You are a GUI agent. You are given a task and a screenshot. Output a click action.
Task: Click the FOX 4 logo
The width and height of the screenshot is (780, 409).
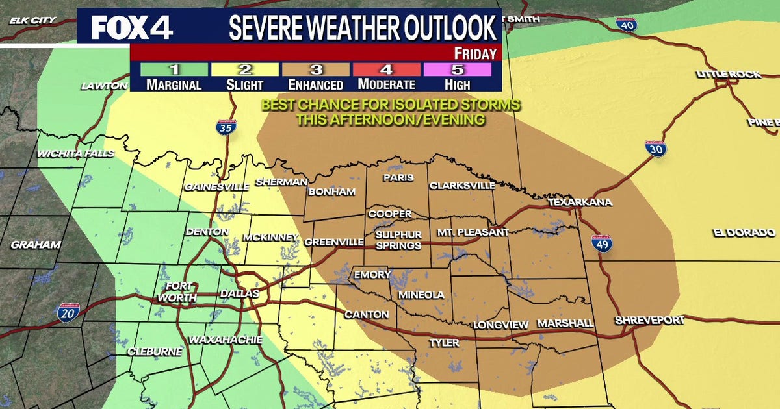(x=131, y=27)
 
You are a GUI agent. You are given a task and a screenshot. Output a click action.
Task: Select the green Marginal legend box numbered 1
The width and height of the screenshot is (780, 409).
(x=174, y=69)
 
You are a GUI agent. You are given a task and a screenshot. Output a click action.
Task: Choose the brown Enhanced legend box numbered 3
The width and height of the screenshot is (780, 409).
(x=316, y=69)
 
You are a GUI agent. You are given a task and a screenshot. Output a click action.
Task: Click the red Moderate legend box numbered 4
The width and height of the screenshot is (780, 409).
(x=386, y=69)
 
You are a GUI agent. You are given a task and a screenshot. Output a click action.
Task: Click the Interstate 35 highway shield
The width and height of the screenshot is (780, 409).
(x=226, y=127)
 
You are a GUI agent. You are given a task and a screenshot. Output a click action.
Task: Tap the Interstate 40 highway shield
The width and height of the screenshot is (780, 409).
(x=627, y=25)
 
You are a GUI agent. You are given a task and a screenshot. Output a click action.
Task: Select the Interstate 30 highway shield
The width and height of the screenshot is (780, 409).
(x=655, y=149)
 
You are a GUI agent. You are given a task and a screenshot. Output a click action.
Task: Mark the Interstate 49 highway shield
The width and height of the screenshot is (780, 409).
(x=601, y=243)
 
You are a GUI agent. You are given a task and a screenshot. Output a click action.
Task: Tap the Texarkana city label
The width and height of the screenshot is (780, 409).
(x=580, y=203)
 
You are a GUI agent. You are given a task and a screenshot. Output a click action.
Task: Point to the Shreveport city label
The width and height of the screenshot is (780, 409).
(x=649, y=320)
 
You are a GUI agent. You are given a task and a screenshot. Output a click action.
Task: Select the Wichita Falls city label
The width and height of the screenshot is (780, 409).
(x=75, y=154)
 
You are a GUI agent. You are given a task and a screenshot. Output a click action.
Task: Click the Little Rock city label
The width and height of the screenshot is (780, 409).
(x=728, y=75)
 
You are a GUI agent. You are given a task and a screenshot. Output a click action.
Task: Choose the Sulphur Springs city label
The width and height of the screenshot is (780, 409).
(x=398, y=240)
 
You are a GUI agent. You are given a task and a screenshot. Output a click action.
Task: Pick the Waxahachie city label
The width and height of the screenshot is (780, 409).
(x=225, y=340)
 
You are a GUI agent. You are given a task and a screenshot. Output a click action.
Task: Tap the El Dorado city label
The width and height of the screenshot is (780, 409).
(x=744, y=232)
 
